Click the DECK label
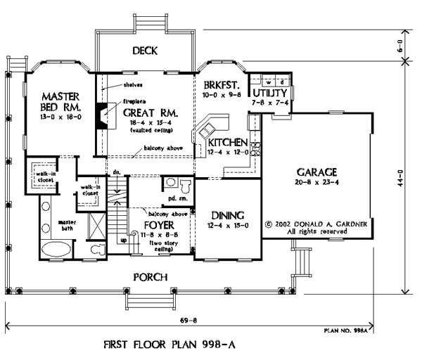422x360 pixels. pyautogui.click(x=143, y=51)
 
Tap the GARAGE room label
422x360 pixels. pyautogui.click(x=317, y=171)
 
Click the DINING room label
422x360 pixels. pyautogui.click(x=227, y=214)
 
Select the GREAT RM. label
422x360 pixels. pyautogui.click(x=149, y=112)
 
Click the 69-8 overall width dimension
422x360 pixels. pyautogui.click(x=206, y=320)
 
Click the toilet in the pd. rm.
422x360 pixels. pyautogui.click(x=184, y=186)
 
